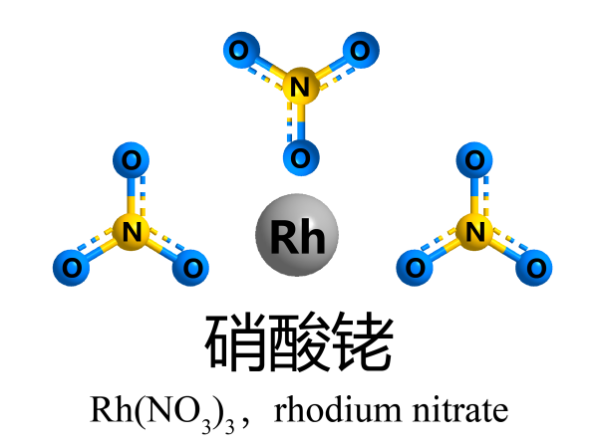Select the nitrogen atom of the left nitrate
pyautogui.click(x=129, y=233)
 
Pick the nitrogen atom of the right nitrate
pyautogui.click(x=475, y=233)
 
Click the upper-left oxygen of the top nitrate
pyautogui.click(x=239, y=49)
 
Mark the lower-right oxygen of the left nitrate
pyautogui.click(x=191, y=266)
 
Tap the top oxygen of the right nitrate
pyautogui.click(x=475, y=158)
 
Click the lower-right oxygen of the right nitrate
pyautogui.click(x=536, y=266)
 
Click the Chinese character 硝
pyautogui.click(x=236, y=342)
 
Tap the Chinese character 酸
pyautogui.click(x=299, y=342)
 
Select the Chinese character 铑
pyautogui.click(x=362, y=342)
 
